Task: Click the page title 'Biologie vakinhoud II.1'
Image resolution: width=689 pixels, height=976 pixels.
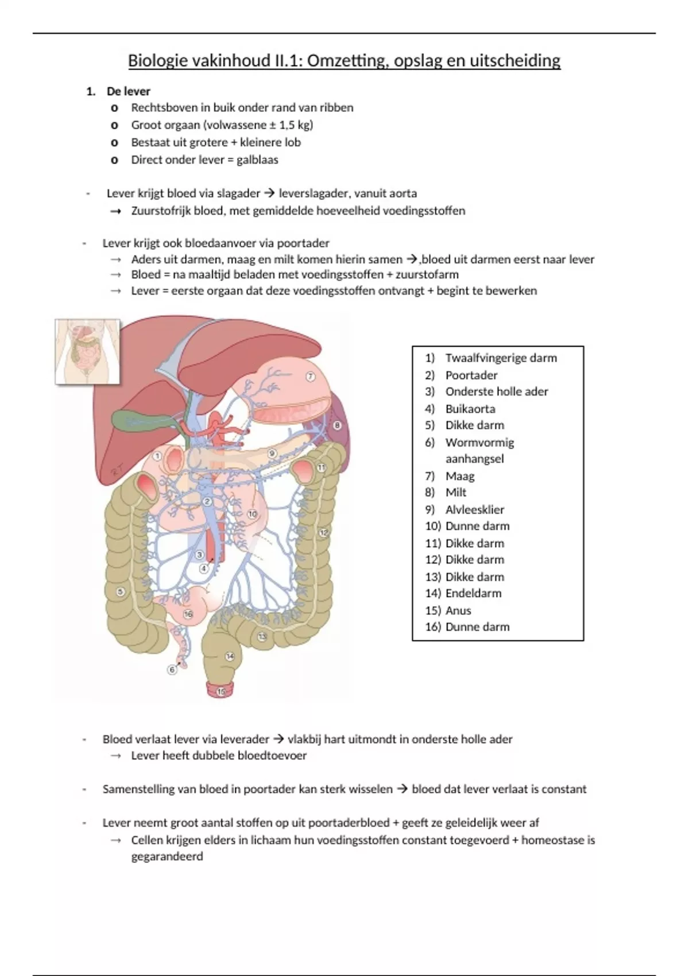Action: click(344, 60)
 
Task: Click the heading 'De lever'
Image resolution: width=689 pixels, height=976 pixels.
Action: click(128, 91)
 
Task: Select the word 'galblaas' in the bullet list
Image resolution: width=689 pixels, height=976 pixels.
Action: click(257, 160)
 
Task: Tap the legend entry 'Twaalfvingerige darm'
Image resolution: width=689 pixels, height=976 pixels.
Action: click(501, 358)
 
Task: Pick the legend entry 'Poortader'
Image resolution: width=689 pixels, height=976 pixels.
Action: click(471, 375)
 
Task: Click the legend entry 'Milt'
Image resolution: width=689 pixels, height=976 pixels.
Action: click(456, 492)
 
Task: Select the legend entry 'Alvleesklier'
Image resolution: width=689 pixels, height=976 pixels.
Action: click(474, 509)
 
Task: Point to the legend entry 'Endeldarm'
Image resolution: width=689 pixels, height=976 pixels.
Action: click(473, 593)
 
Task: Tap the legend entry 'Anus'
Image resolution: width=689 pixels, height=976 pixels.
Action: click(458, 610)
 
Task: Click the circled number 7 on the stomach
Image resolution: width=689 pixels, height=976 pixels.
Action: click(310, 377)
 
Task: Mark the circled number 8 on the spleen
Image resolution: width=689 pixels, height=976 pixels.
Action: click(337, 425)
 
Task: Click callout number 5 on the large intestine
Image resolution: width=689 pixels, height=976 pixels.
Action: click(121, 592)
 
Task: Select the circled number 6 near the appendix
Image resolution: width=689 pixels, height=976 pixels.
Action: click(172, 669)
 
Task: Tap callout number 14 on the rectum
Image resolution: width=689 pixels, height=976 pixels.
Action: click(230, 656)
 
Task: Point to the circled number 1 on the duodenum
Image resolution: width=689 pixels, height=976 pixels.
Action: click(157, 456)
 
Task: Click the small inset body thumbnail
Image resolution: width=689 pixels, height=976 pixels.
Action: click(87, 351)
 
